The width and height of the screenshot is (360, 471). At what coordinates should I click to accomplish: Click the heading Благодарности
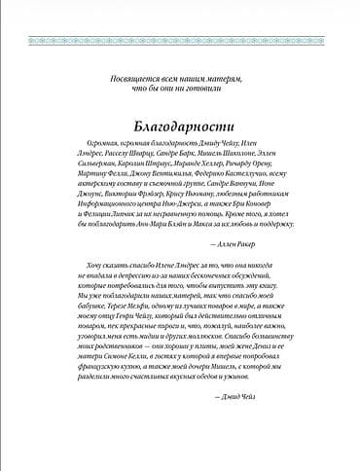click(180, 127)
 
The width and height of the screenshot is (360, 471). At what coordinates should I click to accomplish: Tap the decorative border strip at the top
click(180, 14)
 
